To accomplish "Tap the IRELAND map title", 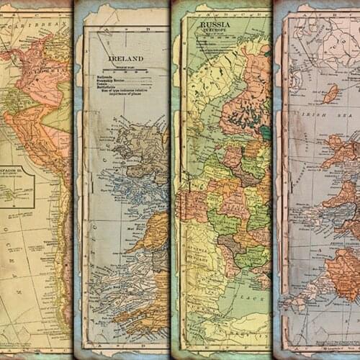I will click(x=125, y=58).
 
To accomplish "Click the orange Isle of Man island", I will click(x=330, y=94).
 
